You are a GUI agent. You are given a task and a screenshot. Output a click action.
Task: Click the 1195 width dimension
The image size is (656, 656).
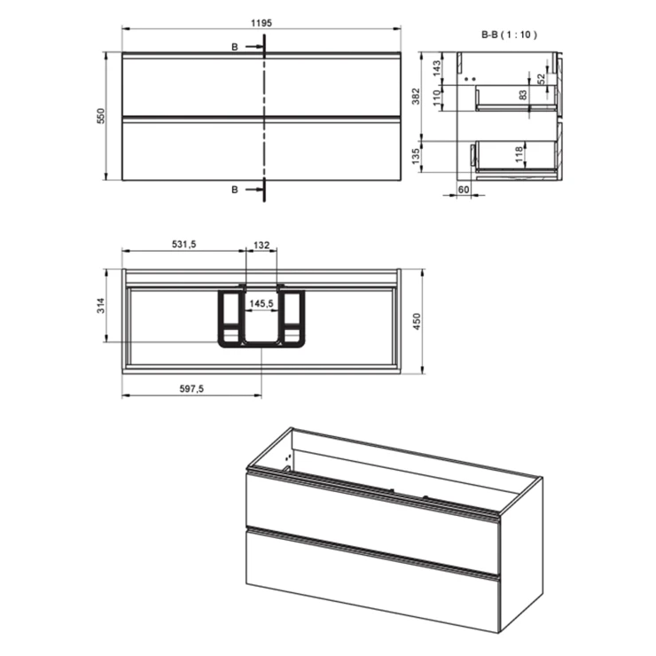point(262,23)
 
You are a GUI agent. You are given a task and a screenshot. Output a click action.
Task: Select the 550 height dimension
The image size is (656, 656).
point(101,116)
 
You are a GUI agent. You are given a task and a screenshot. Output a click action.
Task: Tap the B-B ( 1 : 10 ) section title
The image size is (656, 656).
point(509,35)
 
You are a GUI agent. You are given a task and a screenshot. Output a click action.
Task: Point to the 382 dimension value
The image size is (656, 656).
point(416,97)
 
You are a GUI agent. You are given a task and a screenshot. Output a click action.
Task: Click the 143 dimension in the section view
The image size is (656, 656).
point(437,68)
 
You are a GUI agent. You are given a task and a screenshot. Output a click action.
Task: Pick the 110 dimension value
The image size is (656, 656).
point(437,98)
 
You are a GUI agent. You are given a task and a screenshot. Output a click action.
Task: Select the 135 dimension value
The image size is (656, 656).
point(416,156)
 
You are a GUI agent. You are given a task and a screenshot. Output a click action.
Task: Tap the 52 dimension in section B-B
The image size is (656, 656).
point(542,79)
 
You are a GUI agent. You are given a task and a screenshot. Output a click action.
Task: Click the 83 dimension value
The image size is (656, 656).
point(523,96)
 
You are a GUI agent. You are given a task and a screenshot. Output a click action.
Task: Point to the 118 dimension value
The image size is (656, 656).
point(519,154)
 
